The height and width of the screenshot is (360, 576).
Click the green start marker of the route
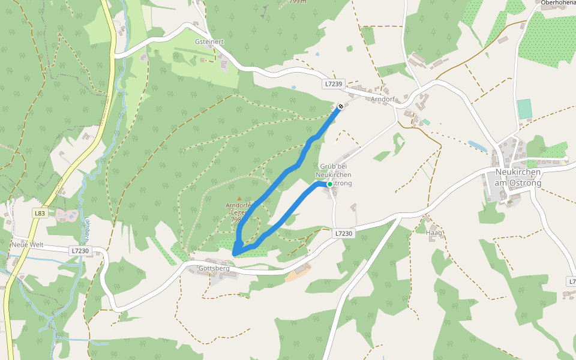[329, 184]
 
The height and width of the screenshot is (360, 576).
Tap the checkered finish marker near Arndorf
[340, 107]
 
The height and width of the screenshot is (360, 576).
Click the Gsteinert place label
[209, 42]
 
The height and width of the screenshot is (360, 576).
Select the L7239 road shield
[333, 85]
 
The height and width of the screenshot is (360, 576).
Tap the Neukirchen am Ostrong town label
[518, 178]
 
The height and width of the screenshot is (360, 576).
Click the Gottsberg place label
[214, 268]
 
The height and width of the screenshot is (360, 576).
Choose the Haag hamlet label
[433, 232]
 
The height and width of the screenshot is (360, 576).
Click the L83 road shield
[40, 213]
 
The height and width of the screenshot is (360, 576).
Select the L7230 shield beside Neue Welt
[79, 251]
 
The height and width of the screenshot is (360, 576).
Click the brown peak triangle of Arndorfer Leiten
[239, 198]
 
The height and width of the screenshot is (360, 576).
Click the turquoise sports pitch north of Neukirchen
[524, 109]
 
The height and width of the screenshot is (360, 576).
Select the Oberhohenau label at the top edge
[558, 3]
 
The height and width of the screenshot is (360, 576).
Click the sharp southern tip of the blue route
[233, 255]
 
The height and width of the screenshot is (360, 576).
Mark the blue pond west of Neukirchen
[478, 146]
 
